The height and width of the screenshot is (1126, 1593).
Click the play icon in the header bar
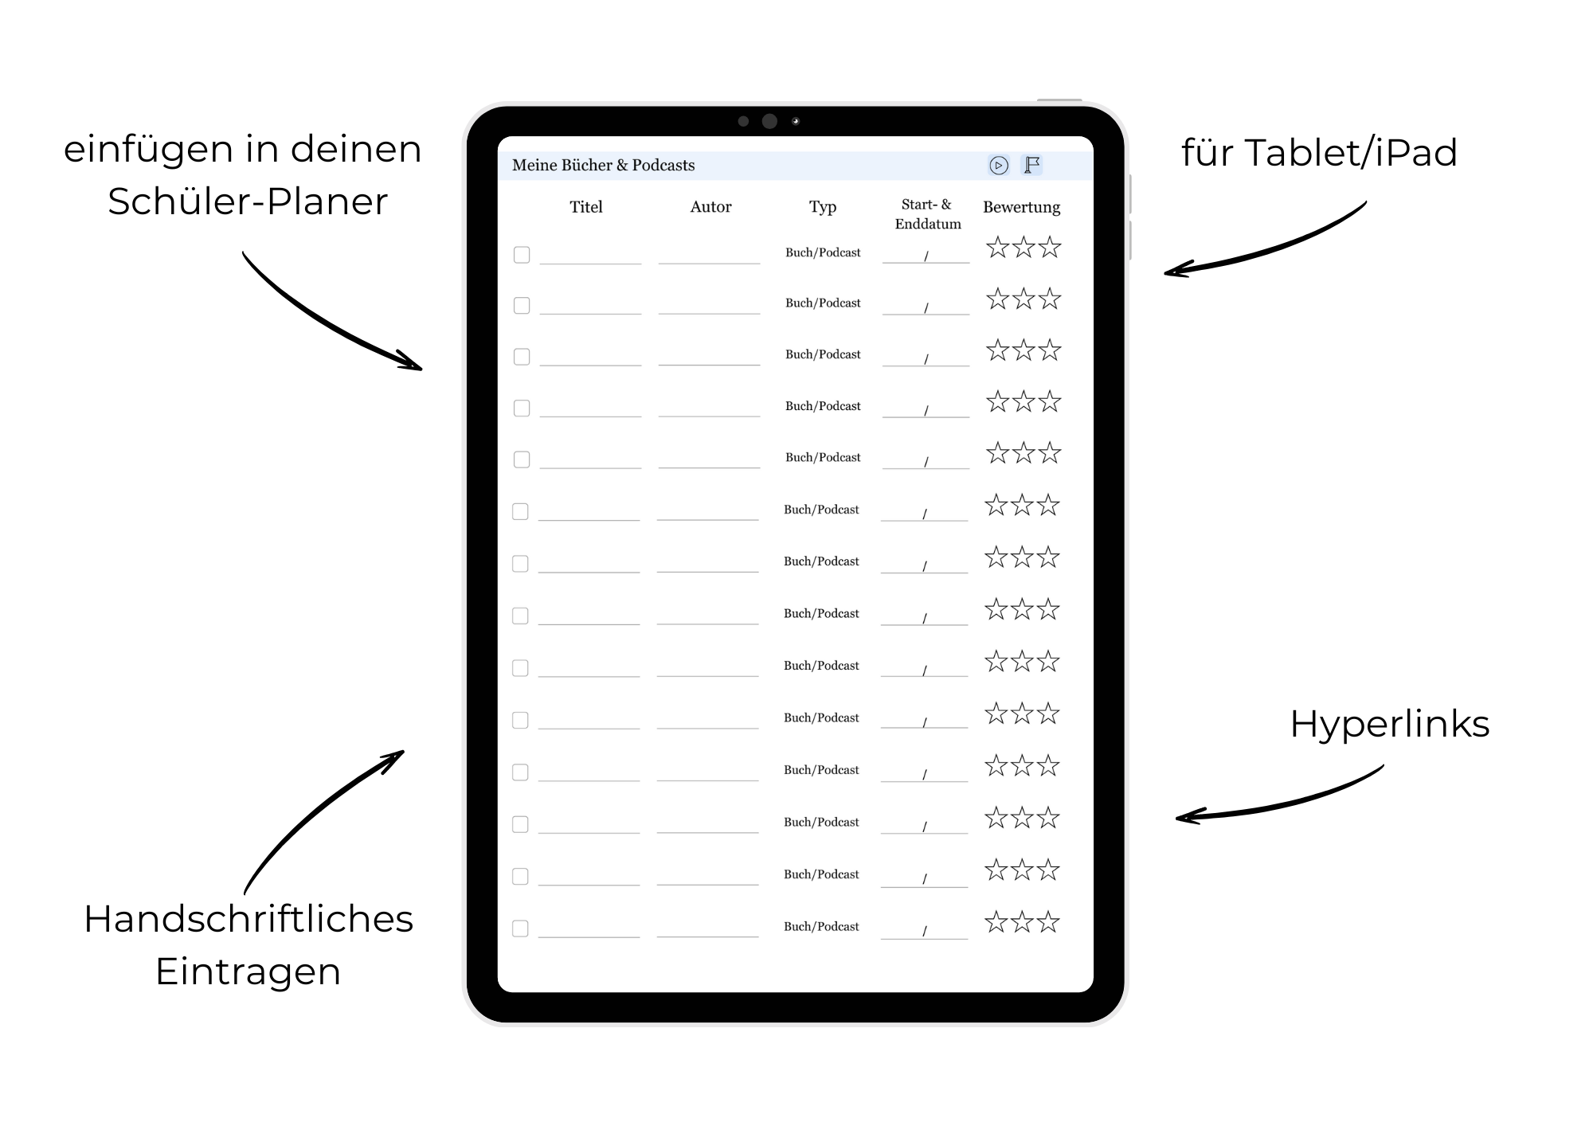click(998, 165)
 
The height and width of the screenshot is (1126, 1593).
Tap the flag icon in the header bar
click(1032, 165)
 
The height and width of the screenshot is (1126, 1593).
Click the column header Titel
click(586, 207)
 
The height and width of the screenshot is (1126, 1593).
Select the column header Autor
click(710, 207)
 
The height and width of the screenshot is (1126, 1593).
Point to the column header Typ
click(823, 207)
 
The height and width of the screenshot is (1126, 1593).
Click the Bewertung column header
click(1021, 207)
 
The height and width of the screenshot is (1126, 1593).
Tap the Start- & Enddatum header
click(927, 214)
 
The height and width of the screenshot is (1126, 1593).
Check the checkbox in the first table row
click(522, 255)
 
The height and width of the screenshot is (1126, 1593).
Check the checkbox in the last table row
click(520, 929)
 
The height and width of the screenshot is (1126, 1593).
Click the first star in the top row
click(997, 248)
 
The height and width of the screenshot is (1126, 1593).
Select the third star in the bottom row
click(1048, 922)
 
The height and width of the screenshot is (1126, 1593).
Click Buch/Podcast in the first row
click(823, 252)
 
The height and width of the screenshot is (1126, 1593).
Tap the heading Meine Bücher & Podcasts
click(603, 165)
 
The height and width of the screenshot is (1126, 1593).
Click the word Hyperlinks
click(1389, 724)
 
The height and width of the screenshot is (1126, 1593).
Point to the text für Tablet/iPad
click(1319, 152)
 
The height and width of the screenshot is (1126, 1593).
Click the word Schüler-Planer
click(248, 201)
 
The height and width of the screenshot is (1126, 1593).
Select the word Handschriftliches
click(249, 919)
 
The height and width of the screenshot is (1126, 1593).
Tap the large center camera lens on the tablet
click(769, 121)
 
